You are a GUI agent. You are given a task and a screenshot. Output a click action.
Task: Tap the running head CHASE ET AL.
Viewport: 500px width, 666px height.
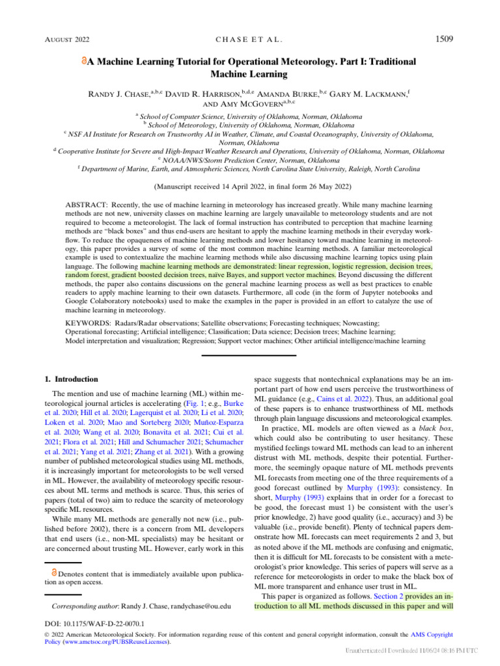[249, 40]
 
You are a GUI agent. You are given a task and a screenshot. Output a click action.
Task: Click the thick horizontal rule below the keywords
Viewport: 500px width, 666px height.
[249, 355]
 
